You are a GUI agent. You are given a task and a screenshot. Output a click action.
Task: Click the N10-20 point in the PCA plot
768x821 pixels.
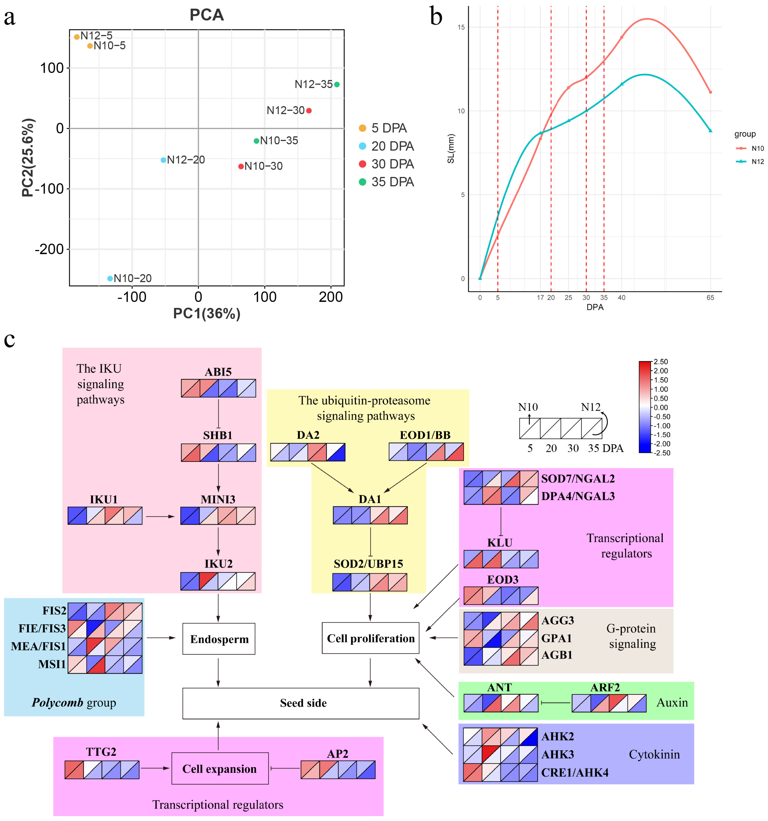(x=110, y=278)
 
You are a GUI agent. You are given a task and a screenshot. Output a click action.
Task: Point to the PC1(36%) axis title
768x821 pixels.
(x=207, y=313)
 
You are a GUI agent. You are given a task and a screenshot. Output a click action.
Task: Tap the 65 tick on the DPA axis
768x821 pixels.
(x=710, y=297)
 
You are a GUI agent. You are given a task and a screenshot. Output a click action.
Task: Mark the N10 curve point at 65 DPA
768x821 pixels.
(x=710, y=92)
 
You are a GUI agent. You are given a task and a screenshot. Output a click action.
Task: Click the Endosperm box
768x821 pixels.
(x=219, y=639)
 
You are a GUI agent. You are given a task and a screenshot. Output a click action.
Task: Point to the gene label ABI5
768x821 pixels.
(x=218, y=372)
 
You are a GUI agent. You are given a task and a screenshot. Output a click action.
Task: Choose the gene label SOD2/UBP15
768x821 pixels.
(x=368, y=564)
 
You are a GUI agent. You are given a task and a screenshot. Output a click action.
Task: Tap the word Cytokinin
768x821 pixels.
(x=654, y=755)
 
